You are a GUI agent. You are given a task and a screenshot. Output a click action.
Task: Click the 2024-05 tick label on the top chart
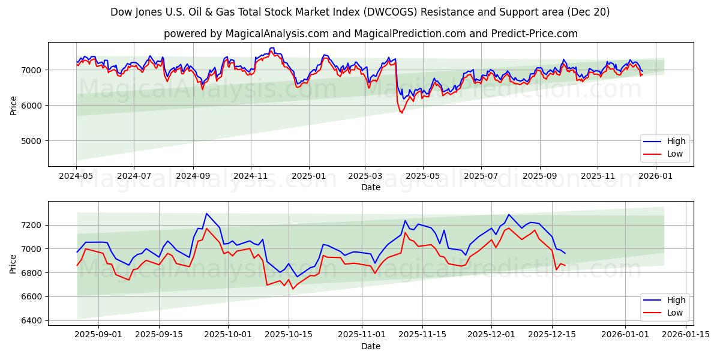click(76, 176)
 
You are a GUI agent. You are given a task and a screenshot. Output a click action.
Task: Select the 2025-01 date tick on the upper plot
click(309, 176)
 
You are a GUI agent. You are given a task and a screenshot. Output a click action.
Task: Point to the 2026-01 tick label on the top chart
click(656, 176)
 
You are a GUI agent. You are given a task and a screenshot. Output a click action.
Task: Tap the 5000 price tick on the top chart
click(34, 141)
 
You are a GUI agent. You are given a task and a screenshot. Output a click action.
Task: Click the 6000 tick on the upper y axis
click(34, 106)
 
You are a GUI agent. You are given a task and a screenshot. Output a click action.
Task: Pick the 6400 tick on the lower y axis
click(34, 321)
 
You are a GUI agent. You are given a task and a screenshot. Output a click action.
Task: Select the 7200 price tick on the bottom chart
click(34, 226)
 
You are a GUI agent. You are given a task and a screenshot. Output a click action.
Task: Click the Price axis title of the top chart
click(14, 104)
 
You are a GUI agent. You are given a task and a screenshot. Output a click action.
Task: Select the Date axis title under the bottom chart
click(370, 346)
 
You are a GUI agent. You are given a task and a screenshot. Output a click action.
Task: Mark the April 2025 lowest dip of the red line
click(402, 113)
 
